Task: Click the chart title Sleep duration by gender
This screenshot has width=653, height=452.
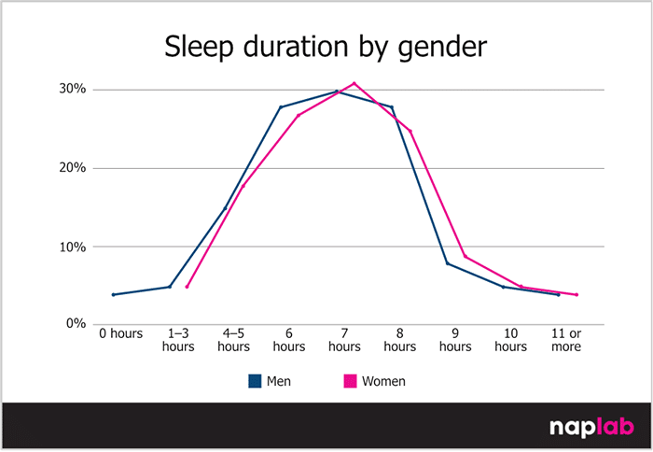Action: click(x=326, y=46)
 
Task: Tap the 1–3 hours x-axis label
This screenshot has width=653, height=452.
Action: click(x=178, y=340)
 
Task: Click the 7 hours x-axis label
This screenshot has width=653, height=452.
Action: click(x=344, y=340)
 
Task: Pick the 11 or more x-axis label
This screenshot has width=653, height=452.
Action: click(x=566, y=340)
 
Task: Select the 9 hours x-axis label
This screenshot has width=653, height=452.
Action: click(x=455, y=340)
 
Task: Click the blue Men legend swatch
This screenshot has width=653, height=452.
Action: click(x=254, y=381)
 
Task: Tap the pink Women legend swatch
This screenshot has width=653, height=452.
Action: click(x=351, y=381)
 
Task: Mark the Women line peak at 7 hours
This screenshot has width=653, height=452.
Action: click(x=354, y=83)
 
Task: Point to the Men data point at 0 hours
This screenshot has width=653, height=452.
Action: click(x=113, y=295)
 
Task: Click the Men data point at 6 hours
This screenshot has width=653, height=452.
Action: click(x=280, y=107)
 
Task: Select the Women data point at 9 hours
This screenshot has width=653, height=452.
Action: click(x=465, y=257)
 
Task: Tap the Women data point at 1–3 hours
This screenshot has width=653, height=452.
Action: click(x=187, y=287)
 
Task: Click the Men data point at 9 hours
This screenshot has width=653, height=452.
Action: click(x=447, y=263)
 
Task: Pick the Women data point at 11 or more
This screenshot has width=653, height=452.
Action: click(x=577, y=295)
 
